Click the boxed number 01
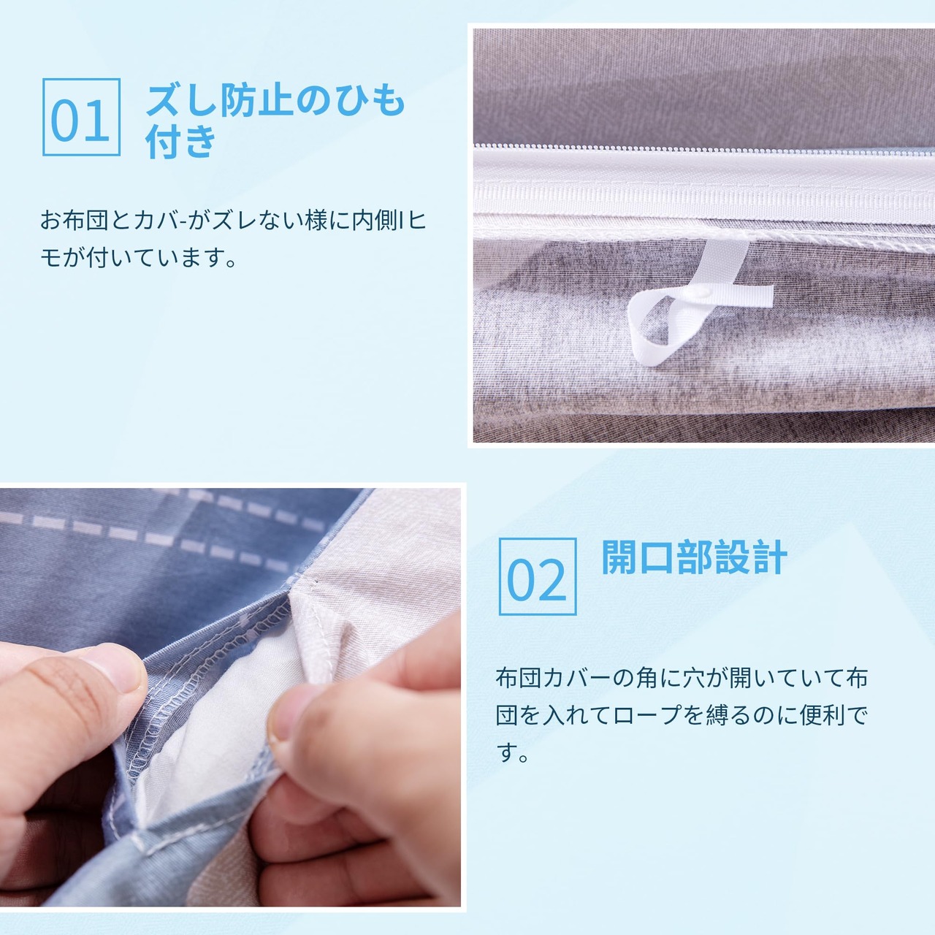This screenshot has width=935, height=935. [81, 117]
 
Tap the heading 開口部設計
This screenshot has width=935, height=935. [694, 557]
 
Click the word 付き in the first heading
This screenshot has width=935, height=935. [181, 141]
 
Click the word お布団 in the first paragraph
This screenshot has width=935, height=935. [75, 221]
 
